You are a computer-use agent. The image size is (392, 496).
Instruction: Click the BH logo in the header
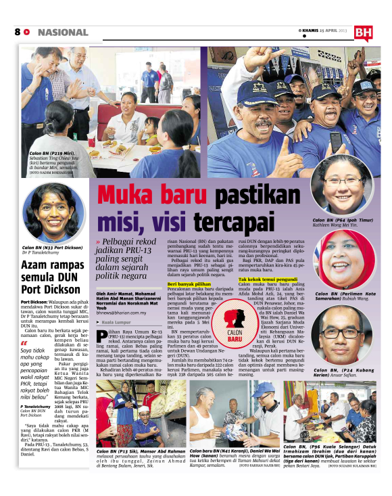coord(363,31)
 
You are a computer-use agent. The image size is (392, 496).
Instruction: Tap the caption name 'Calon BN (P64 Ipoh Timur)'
coord(342,221)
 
